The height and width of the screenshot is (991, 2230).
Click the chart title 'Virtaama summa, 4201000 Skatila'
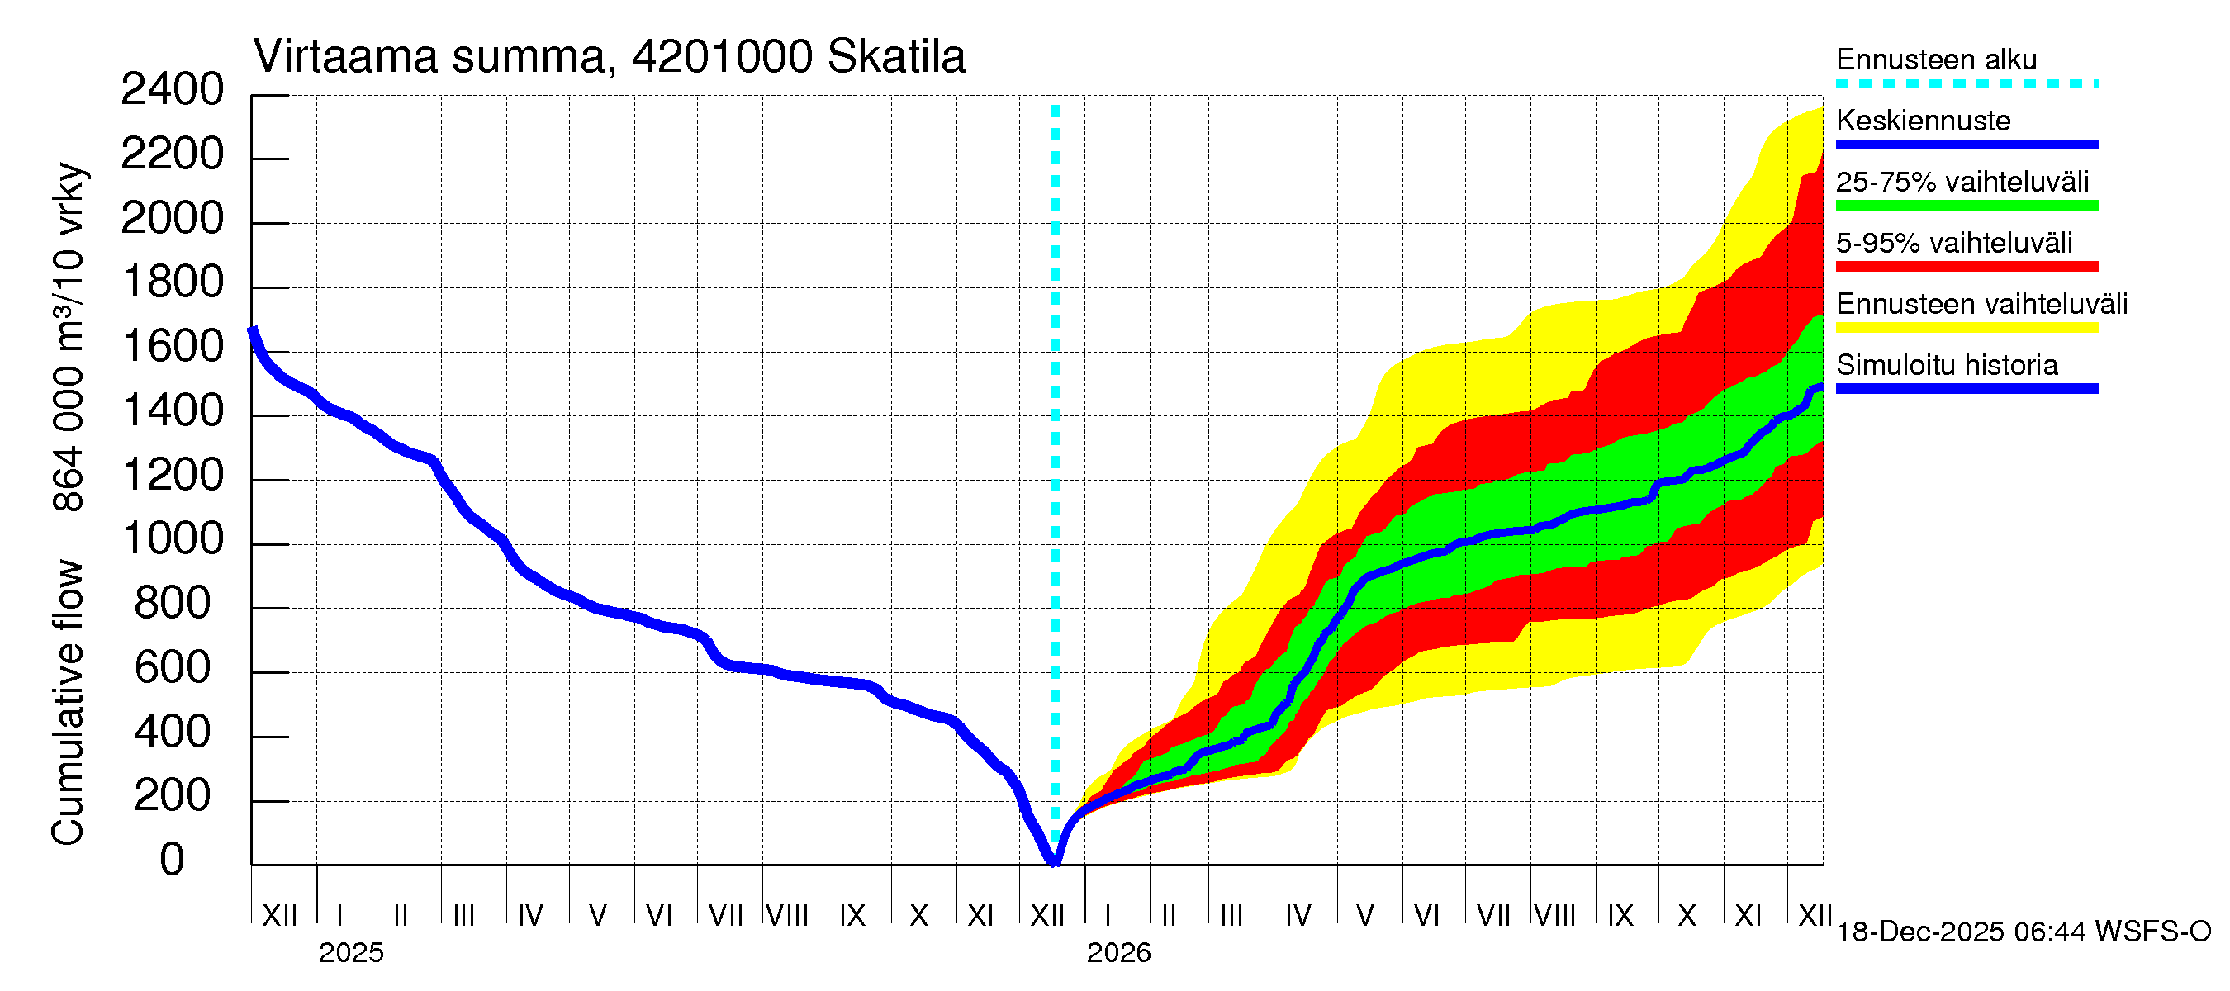coord(609,57)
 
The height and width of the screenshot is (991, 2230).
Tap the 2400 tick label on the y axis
coord(173,90)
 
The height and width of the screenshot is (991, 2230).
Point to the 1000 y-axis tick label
coord(173,539)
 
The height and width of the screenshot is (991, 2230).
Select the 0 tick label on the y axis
coord(173,861)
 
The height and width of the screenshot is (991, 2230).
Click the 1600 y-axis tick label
coord(173,347)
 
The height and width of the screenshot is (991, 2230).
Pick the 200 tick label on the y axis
coord(173,795)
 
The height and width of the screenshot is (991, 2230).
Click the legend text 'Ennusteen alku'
coord(1936,59)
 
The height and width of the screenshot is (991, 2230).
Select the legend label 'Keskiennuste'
coord(1923,121)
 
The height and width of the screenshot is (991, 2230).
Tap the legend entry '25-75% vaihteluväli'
coord(1962,182)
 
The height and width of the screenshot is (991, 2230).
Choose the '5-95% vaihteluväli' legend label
coord(1954,243)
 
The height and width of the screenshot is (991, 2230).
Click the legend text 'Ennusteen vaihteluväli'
coord(1981,304)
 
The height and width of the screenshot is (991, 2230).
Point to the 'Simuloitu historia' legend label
coord(1946,365)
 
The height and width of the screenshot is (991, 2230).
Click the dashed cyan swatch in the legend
coord(1966,84)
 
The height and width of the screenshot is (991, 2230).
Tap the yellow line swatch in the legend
coord(1966,328)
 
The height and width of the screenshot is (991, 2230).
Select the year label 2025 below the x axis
coord(350,953)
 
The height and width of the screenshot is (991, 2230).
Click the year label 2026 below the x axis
coord(1118,953)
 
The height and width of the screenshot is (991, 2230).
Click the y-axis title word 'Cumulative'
coord(68,702)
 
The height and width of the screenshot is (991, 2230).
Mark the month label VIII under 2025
coord(788,915)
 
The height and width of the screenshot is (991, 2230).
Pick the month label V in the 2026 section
coord(1364,915)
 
